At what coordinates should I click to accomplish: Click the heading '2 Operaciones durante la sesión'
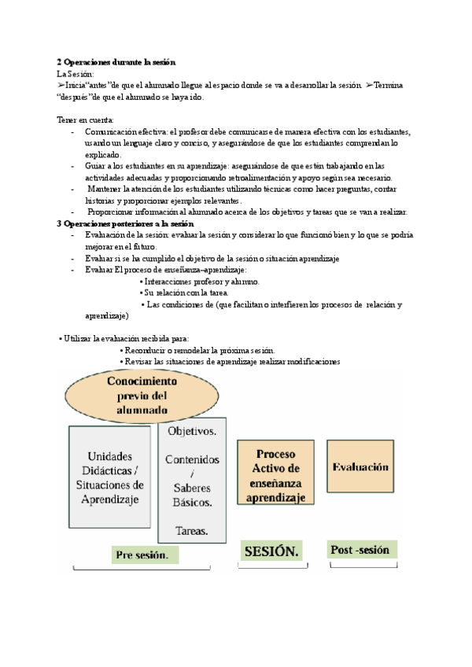coord(116,61)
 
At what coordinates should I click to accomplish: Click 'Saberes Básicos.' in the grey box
coord(193,494)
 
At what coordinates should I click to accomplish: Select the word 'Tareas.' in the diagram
coord(193,530)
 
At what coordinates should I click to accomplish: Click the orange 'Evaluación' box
coord(360,467)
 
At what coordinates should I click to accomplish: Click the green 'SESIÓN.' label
coord(271,551)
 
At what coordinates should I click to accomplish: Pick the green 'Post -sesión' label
coord(361,550)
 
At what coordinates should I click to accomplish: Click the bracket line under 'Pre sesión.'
coord(142,568)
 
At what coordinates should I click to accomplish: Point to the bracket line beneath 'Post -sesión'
coord(363,565)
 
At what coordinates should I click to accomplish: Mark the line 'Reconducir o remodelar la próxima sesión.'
coord(201,350)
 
